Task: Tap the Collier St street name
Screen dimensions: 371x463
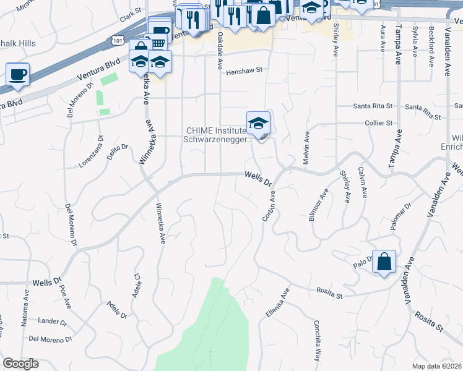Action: click(x=379, y=123)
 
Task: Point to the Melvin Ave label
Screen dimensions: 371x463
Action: click(x=306, y=148)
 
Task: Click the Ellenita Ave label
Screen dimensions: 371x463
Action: click(x=277, y=303)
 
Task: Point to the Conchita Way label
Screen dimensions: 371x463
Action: click(x=316, y=341)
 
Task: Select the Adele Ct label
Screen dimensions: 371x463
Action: click(x=136, y=285)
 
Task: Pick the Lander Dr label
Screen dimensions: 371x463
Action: click(x=52, y=322)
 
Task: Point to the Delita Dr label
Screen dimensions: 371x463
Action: click(x=118, y=151)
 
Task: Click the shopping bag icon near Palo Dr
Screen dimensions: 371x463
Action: click(x=384, y=262)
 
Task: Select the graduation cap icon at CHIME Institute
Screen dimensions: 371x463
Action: click(x=258, y=122)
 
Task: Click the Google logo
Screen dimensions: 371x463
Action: click(x=20, y=364)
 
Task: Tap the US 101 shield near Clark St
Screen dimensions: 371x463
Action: click(x=118, y=40)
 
